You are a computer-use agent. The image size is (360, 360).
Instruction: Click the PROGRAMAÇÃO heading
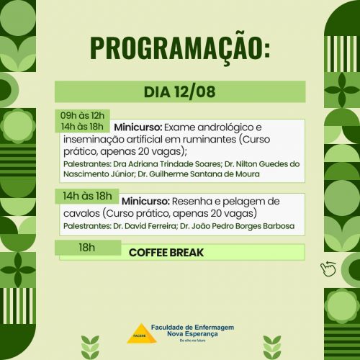(x=180, y=48)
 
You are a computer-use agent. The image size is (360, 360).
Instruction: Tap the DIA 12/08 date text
(x=180, y=92)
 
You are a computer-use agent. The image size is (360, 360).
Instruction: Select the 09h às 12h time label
(x=82, y=116)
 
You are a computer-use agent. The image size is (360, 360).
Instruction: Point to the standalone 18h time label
(x=87, y=248)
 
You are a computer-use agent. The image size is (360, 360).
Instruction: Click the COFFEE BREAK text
(x=166, y=253)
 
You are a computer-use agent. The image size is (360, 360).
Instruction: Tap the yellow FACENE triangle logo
(x=142, y=333)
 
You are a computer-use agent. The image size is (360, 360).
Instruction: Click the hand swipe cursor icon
(x=328, y=269)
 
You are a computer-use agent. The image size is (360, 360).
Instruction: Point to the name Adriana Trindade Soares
(x=174, y=164)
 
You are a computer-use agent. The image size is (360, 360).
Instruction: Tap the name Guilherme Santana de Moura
(x=204, y=174)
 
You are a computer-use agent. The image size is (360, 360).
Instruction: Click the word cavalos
(x=81, y=213)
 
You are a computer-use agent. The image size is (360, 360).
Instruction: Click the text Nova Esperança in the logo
(x=192, y=334)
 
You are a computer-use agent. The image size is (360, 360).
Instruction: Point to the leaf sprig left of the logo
(x=90, y=347)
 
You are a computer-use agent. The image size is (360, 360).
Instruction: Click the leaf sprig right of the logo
(x=272, y=347)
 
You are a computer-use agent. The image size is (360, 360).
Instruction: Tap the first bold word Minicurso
(x=138, y=127)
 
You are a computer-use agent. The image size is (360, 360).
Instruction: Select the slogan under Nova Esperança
(x=192, y=341)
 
